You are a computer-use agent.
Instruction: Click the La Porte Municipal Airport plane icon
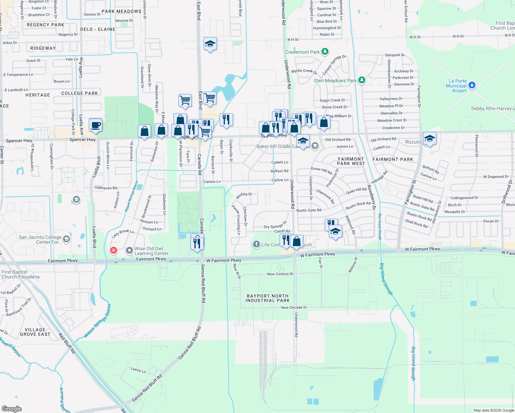point(472,85)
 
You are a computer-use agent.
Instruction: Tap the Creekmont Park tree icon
point(325,52)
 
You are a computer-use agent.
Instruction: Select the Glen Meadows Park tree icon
point(361,80)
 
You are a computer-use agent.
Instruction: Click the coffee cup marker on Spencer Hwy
point(95,125)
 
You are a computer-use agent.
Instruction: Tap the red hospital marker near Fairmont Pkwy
point(113,250)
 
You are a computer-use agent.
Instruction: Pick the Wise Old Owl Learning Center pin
point(129,251)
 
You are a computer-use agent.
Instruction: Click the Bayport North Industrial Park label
point(267,298)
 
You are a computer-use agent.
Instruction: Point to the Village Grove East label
point(35,332)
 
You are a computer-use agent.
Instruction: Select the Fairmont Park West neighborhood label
point(351,161)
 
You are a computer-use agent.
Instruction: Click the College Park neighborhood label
point(80,93)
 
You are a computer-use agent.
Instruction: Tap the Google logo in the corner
point(12,409)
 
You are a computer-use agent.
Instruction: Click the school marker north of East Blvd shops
point(210,44)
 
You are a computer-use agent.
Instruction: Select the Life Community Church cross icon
point(256,244)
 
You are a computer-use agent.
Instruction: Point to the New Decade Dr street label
point(294,307)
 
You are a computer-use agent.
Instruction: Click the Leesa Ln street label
point(138,370)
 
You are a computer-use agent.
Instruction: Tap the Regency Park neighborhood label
point(45,25)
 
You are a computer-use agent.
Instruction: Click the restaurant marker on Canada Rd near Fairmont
point(197,243)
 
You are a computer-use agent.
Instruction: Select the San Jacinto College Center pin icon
point(66,239)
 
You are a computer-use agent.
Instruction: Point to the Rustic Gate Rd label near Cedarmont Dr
point(308,210)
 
